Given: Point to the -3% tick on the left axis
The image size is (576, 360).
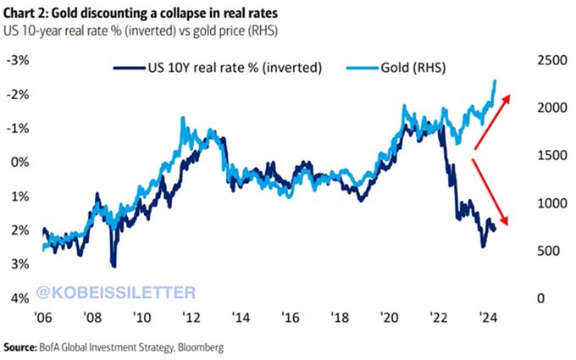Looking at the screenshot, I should pos(19,61).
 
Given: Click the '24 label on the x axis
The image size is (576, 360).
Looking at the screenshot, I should pos(486,318).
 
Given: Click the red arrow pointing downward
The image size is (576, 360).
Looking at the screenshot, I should pos(491,191).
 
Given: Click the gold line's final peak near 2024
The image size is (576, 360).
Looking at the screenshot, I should pos(495,80).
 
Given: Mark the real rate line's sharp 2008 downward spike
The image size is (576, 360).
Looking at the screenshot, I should pos(114,265).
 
